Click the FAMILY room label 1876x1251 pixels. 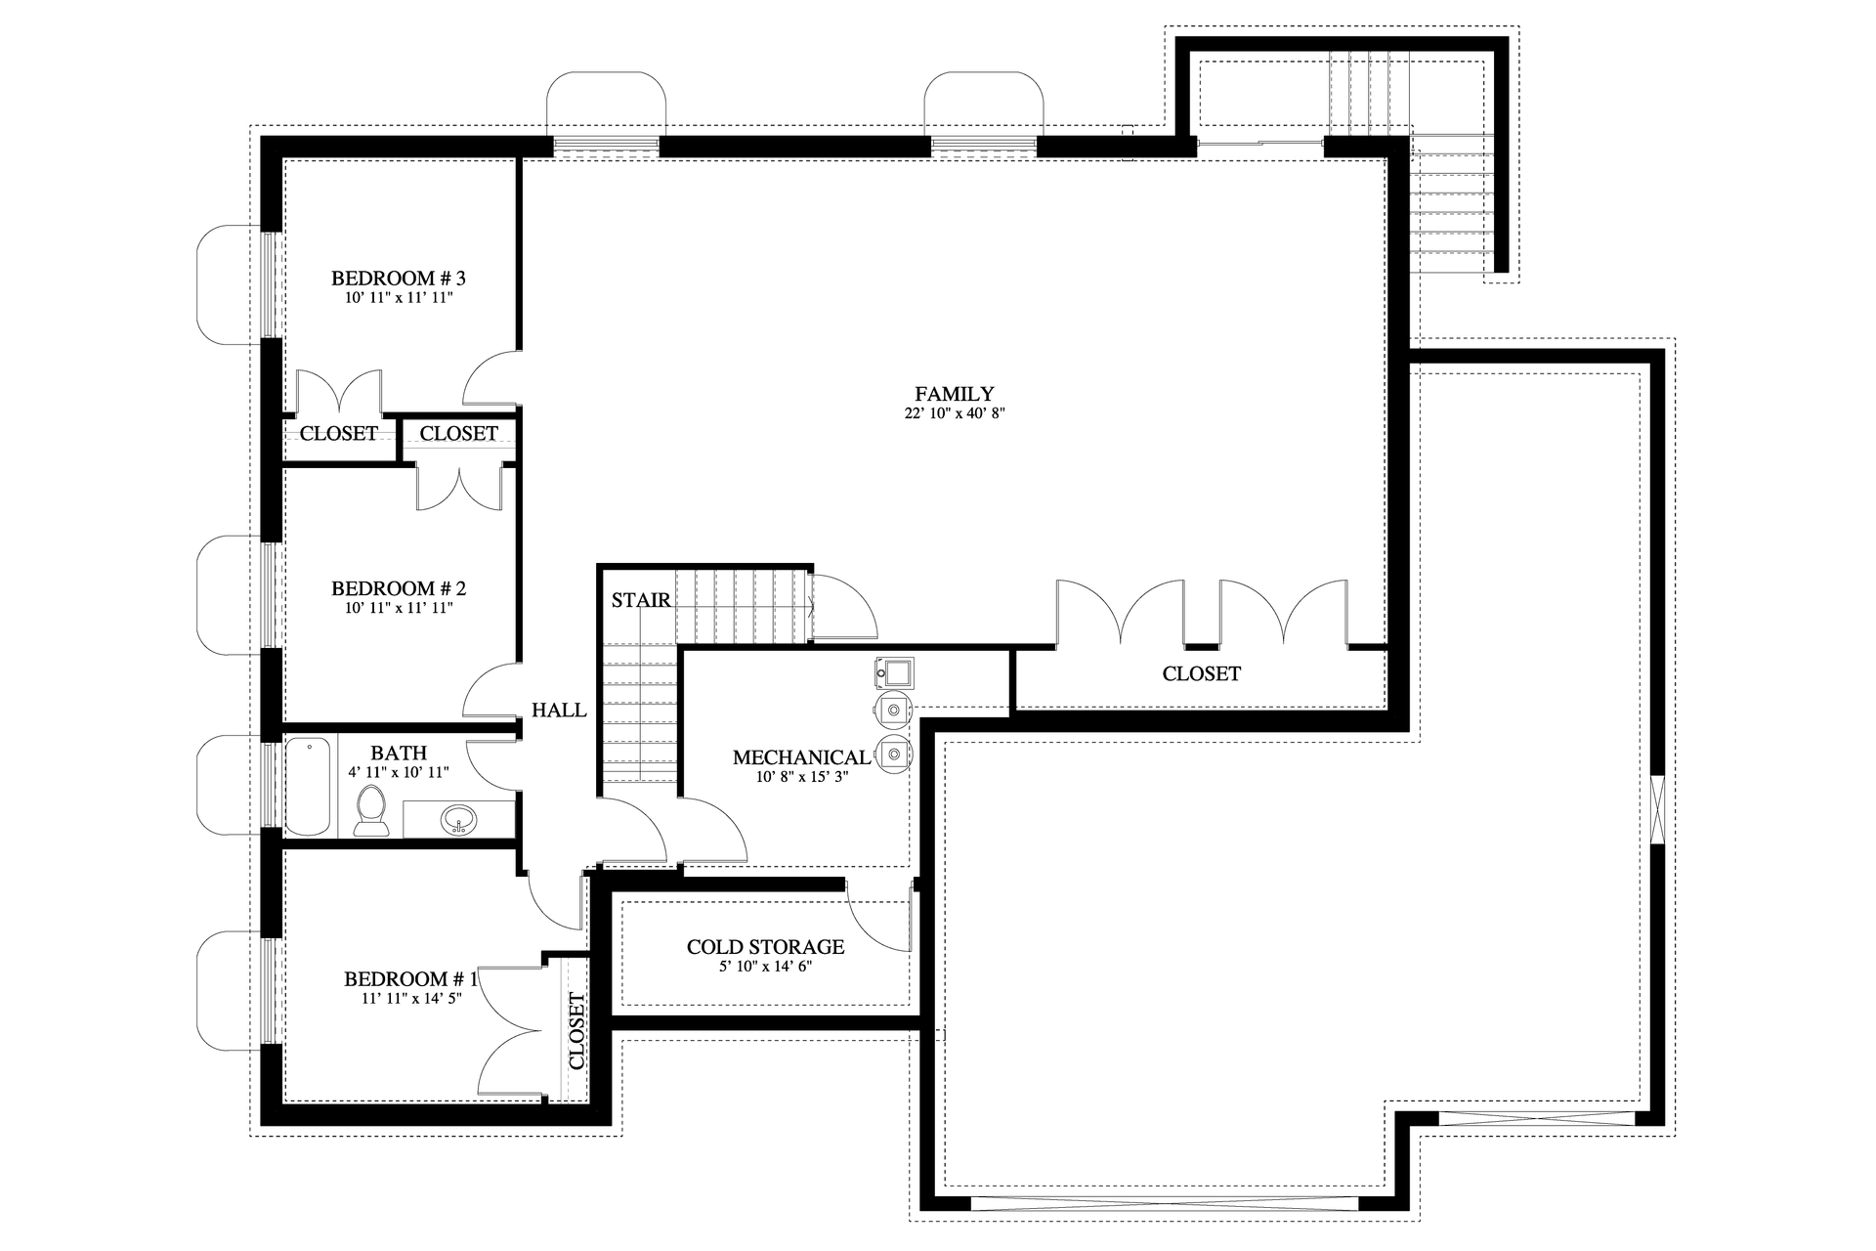tap(954, 394)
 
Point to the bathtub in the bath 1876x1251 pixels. tap(309, 787)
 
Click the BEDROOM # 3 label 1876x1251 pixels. tap(398, 279)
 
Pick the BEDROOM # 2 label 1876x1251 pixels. tap(398, 588)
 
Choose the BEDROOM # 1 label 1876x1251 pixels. tap(410, 979)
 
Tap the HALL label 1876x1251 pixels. tap(559, 711)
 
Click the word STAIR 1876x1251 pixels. tap(641, 600)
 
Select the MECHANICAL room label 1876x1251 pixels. tap(800, 757)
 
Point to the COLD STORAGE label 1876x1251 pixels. tap(765, 947)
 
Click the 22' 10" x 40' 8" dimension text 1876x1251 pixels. tap(954, 413)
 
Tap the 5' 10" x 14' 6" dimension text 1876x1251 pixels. tap(765, 967)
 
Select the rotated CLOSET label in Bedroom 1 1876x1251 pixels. tap(576, 1031)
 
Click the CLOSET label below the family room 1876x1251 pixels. tap(1201, 673)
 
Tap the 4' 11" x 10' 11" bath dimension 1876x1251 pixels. tap(398, 772)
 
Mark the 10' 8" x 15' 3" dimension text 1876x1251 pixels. tap(800, 777)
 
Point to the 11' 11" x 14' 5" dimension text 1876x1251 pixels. tap(410, 999)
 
